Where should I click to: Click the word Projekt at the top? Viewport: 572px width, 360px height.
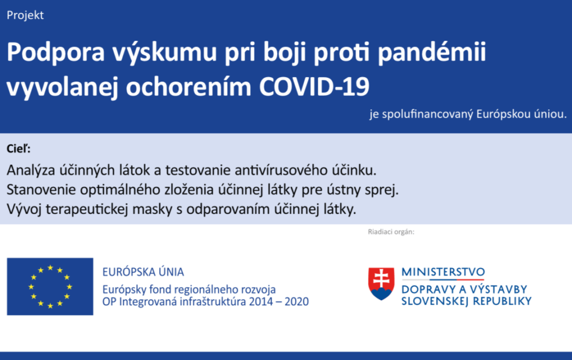coord(25,16)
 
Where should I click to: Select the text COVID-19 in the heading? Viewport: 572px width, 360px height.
coord(314,87)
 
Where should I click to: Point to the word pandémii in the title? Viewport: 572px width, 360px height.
coord(432,52)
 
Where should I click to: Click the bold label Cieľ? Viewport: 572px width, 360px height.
coord(18,148)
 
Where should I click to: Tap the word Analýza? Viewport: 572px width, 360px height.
coord(31,171)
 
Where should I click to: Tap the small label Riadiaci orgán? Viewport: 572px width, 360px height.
coord(391,232)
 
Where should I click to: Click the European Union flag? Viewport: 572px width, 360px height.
coord(50,286)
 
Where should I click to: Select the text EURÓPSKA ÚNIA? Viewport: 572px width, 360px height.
coord(143,272)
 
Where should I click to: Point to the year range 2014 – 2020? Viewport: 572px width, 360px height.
coord(279,302)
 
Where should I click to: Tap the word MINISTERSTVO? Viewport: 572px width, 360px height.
coord(443,272)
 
